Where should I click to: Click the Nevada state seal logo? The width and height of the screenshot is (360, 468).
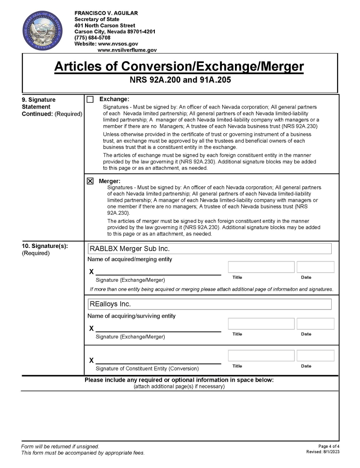pos(40,31)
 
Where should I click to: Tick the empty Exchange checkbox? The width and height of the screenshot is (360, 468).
pos(90,99)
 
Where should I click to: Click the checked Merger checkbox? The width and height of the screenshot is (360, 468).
pos(90,181)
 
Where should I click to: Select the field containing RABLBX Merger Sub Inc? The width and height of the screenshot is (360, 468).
pos(210,249)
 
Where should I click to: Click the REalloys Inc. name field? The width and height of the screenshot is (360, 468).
pos(210,304)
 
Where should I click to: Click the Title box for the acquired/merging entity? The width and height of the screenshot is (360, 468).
pos(261,267)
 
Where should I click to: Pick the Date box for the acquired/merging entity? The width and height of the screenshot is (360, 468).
pos(315,267)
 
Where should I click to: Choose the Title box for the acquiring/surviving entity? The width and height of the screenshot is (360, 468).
pos(261,324)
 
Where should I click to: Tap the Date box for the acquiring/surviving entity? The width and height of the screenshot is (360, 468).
pos(315,324)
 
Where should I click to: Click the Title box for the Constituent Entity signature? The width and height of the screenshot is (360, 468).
pos(261,355)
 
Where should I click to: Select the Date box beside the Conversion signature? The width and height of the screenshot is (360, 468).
pos(315,355)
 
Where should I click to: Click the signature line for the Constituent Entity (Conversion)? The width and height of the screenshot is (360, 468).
pos(158,360)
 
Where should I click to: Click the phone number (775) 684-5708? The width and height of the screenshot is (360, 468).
pos(92,38)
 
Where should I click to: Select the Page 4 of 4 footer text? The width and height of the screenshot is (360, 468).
pos(329,446)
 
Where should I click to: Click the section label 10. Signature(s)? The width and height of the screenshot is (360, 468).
pos(45,246)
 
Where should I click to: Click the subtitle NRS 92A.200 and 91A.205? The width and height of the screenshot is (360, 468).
pos(180,82)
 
